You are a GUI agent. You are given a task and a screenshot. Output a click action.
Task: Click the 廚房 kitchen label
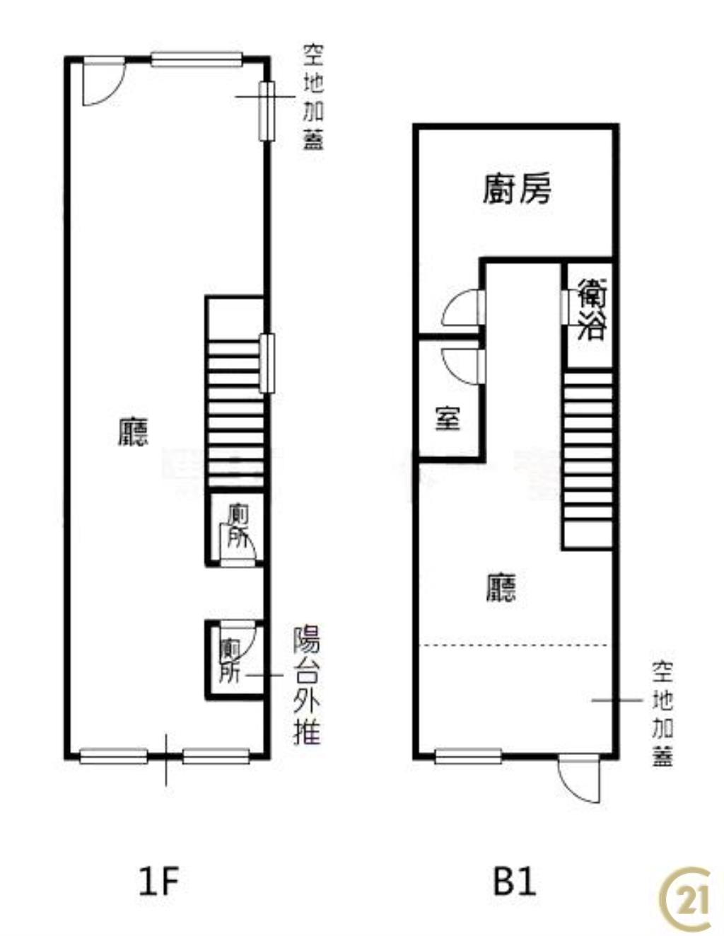(x=517, y=189)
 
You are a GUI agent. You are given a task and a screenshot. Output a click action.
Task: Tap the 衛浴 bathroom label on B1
(x=591, y=309)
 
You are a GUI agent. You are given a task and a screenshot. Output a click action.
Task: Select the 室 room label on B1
(x=448, y=418)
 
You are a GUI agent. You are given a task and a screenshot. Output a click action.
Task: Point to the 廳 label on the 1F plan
(x=133, y=431)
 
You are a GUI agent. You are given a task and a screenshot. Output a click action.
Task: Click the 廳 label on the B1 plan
(x=501, y=587)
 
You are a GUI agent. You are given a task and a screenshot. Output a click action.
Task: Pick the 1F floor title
(x=158, y=882)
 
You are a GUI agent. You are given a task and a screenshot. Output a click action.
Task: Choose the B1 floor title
(x=514, y=882)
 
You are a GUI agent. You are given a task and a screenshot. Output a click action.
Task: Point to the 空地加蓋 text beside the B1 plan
(x=662, y=715)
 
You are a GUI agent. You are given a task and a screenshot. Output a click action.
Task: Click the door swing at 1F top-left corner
(x=100, y=81)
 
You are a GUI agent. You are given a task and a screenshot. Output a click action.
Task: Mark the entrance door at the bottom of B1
(x=577, y=778)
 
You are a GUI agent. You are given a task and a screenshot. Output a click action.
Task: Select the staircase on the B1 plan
(x=588, y=460)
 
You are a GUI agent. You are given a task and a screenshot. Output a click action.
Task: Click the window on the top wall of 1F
(x=197, y=60)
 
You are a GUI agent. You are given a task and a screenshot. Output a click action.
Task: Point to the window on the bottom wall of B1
(x=468, y=757)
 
